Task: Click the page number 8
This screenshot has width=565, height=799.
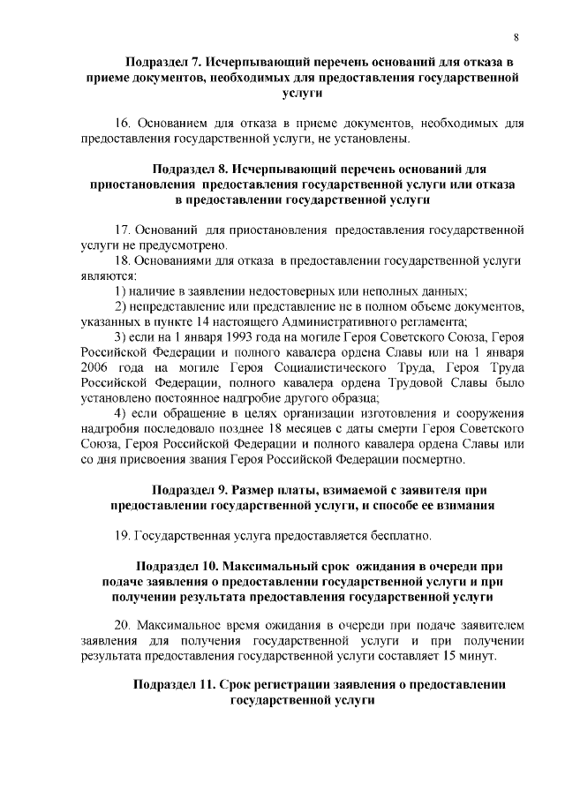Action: click(516, 35)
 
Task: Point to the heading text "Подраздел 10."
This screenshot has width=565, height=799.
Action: click(180, 565)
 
